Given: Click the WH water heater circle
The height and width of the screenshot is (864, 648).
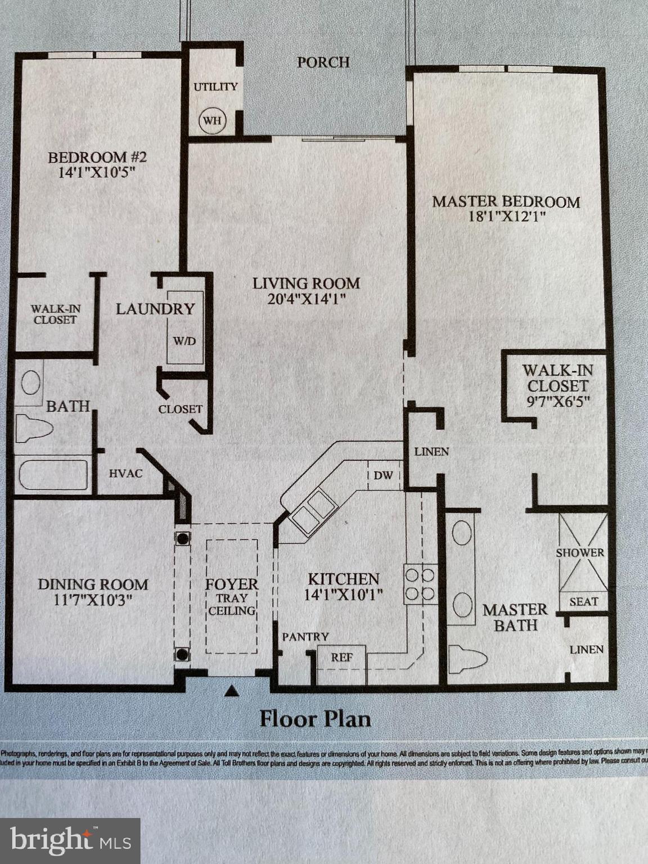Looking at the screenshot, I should coord(212,120).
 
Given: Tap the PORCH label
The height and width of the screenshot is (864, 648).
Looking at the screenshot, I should coord(323,62).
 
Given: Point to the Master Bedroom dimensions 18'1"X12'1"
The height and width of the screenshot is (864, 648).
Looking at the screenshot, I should coord(506,217).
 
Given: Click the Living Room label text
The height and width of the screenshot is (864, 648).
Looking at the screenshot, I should coord(305,283).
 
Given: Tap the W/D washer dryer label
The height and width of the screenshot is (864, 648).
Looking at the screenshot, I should coord(184,341).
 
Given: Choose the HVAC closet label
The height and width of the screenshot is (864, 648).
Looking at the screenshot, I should coord(125,474).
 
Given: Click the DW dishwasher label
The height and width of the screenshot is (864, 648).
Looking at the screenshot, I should coord(383,475).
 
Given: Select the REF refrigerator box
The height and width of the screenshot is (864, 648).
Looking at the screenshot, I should coord(341,658).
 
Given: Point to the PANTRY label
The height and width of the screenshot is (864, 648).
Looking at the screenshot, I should coord(305,637).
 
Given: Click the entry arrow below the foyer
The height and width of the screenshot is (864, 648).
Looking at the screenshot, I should coord(231,691).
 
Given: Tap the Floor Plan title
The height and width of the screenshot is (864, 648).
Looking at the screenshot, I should coord(315,719).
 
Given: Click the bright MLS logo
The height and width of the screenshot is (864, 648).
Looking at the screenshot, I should coord(70,840).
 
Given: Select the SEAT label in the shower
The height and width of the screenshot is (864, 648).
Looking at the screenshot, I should coord(583,602).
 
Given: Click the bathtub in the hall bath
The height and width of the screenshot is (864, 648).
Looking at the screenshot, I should coord(53,475).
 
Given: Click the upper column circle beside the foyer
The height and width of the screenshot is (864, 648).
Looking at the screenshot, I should coord(182,538).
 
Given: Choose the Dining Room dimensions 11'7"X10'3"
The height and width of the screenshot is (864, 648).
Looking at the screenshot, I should coord(93,600).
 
